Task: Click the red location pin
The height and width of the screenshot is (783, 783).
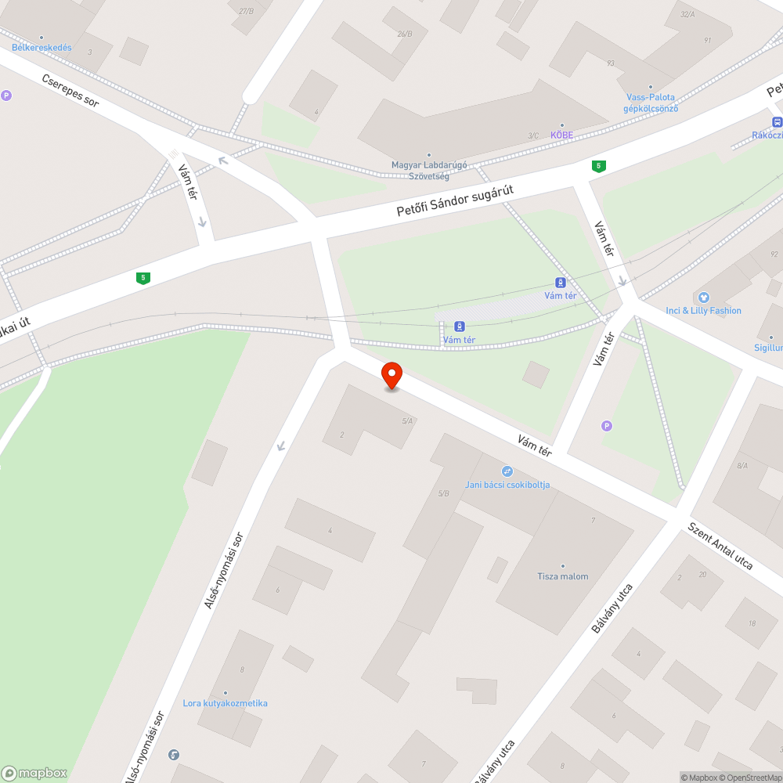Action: [x=391, y=375]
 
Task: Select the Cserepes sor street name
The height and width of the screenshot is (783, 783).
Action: [x=70, y=92]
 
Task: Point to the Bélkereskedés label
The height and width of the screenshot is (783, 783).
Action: [x=41, y=48]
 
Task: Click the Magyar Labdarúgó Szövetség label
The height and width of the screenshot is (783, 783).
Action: [x=429, y=170]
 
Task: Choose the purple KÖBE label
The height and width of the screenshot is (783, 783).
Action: [x=561, y=135]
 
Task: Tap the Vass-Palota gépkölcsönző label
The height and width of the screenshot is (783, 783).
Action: [x=650, y=103]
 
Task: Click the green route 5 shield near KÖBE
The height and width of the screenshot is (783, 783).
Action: [x=599, y=166]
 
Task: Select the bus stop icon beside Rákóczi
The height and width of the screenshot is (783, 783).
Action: [x=777, y=122]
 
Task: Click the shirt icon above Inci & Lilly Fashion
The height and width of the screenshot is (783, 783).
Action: [x=703, y=298]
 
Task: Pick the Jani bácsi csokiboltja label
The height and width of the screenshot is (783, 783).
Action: [x=507, y=485]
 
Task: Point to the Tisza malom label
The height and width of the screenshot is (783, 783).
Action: [x=562, y=576]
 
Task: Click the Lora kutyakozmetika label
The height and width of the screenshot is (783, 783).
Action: [x=225, y=703]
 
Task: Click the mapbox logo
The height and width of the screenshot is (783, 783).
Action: [x=34, y=773]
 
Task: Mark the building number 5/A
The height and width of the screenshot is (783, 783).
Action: [x=407, y=421]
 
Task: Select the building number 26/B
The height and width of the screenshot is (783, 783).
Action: [x=404, y=34]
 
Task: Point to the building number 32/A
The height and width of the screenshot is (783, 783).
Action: [x=687, y=14]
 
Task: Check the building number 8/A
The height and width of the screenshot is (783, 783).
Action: [x=742, y=465]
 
